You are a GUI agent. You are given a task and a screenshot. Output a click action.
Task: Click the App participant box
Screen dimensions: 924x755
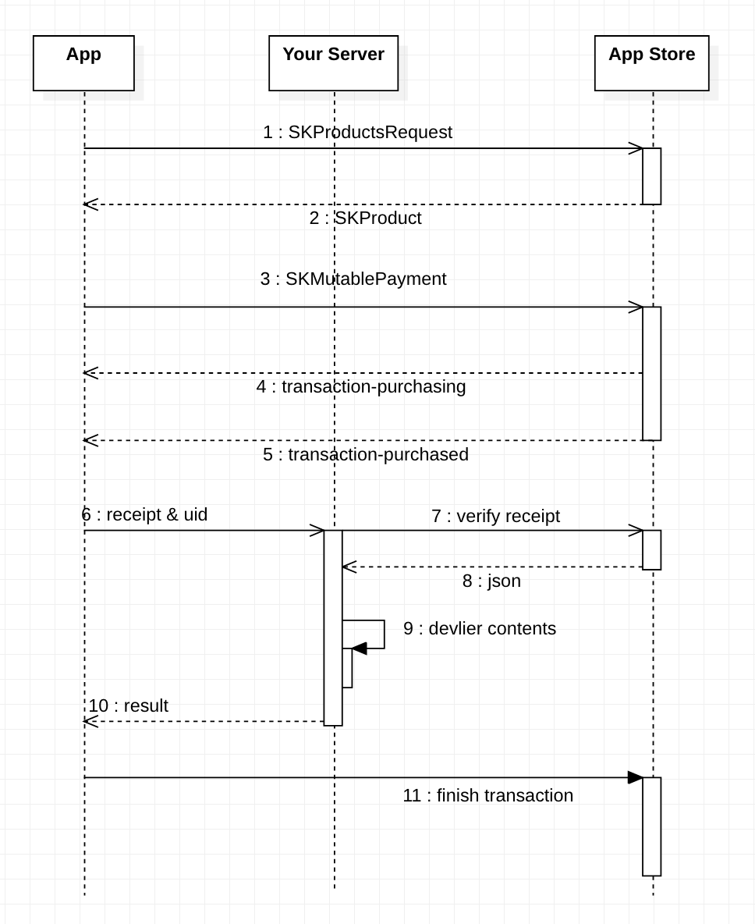83,62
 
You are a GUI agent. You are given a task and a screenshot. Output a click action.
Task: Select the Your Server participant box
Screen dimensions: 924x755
333,62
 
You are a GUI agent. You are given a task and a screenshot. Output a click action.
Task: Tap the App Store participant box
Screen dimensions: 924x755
651,62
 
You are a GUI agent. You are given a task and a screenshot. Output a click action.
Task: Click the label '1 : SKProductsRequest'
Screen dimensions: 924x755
357,132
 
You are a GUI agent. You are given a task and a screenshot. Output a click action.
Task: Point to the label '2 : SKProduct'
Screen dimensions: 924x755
365,218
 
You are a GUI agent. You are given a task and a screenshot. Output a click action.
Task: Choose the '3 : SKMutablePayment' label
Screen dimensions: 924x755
353,279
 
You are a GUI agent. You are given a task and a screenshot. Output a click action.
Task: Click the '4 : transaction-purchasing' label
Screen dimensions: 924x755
361,386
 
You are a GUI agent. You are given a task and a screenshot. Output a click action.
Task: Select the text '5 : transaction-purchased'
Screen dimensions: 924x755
366,454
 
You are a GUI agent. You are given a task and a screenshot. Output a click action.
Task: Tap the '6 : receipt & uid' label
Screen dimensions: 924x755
144,514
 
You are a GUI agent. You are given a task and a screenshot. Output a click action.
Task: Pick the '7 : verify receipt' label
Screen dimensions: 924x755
495,516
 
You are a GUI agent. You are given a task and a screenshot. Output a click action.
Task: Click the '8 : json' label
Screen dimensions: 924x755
491,581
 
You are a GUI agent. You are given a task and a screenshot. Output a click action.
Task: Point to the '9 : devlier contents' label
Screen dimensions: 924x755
480,628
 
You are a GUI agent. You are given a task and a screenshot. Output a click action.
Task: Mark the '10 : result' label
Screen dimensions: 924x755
129,705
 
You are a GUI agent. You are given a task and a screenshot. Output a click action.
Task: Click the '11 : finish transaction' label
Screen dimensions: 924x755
487,795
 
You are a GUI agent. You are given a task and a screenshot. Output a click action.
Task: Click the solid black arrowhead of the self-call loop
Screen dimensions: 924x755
359,649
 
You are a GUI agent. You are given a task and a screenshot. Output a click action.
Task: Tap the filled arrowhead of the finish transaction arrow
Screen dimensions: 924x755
635,777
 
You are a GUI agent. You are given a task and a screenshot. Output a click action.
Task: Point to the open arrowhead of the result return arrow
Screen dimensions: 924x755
90,721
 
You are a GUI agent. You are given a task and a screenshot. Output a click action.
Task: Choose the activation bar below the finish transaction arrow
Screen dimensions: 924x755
651,827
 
